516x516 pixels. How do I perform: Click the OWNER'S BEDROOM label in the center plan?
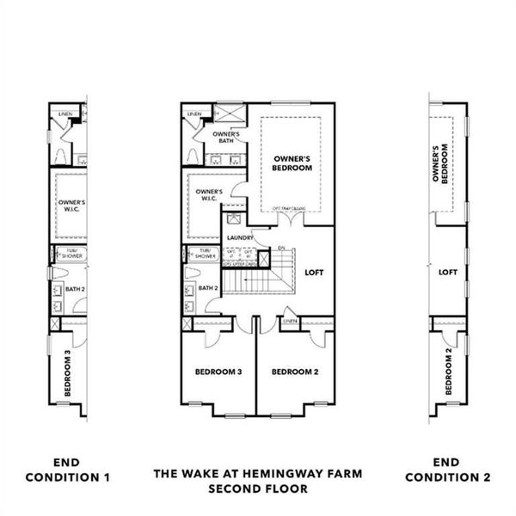pyautogui.click(x=292, y=163)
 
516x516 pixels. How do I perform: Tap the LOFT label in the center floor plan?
pyautogui.click(x=315, y=272)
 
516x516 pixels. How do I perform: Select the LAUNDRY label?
pyautogui.click(x=239, y=237)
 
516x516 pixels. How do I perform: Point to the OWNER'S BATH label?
pyautogui.click(x=225, y=137)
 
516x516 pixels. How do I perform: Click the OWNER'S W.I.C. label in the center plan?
pyautogui.click(x=209, y=195)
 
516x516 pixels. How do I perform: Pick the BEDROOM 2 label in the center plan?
pyautogui.click(x=295, y=372)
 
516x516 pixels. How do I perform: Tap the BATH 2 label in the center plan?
pyautogui.click(x=208, y=288)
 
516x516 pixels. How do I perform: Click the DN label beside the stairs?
pyautogui.click(x=280, y=249)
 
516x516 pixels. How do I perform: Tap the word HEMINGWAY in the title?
pyautogui.click(x=273, y=473)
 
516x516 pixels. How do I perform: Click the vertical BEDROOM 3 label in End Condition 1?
pyautogui.click(x=67, y=371)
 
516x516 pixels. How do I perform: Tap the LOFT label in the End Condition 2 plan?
pyautogui.click(x=447, y=272)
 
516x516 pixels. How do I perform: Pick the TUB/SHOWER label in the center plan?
pyautogui.click(x=205, y=254)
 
